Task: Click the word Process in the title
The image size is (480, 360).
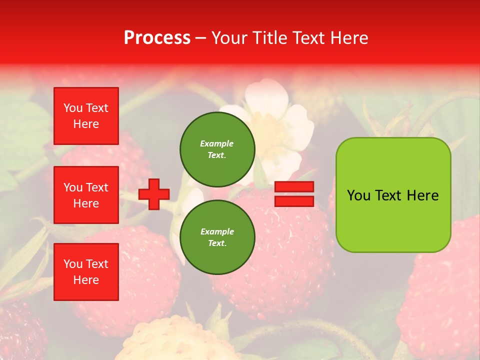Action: (157, 38)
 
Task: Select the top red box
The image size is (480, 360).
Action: (86, 116)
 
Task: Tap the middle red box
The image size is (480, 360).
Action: (86, 195)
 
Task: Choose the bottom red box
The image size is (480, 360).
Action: (86, 272)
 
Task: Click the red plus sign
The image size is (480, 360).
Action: (154, 194)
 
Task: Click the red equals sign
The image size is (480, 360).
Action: (294, 194)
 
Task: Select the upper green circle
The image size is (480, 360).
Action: (217, 149)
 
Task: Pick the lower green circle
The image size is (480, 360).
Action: (217, 237)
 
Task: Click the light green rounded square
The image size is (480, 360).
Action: (393, 195)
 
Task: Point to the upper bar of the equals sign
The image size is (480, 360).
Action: (294, 187)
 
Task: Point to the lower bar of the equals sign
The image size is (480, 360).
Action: (294, 201)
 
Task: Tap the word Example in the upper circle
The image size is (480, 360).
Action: (216, 143)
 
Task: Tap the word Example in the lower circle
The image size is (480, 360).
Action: (217, 231)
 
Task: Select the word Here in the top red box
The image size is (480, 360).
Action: (86, 124)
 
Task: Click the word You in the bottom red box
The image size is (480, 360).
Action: (72, 264)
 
